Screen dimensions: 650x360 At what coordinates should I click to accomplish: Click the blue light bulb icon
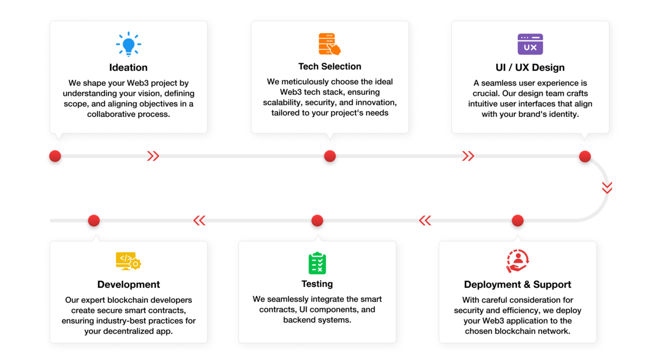tap(128, 44)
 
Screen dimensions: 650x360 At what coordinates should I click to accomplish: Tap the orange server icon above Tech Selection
tap(330, 44)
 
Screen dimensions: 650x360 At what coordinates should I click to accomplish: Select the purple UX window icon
tap(530, 44)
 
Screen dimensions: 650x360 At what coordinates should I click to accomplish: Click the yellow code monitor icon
tap(128, 261)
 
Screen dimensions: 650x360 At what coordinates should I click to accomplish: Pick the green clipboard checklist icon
tap(317, 263)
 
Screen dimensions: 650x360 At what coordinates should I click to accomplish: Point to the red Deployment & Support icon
tap(517, 261)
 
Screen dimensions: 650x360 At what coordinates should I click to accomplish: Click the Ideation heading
tap(128, 68)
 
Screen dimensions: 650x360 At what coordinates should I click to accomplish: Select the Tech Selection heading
tap(330, 67)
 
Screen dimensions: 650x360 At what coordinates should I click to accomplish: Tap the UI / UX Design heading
tap(530, 68)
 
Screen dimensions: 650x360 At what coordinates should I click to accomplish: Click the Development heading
tap(128, 285)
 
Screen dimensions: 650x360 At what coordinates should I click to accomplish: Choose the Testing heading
tap(317, 284)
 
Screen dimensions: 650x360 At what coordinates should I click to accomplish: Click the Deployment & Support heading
tap(517, 285)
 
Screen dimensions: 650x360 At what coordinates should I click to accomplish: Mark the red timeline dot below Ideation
tap(55, 156)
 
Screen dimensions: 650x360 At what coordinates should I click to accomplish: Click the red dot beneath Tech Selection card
tap(330, 156)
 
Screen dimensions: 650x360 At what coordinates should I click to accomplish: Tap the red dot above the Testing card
tap(317, 220)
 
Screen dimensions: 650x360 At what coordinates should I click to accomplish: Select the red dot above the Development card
tap(94, 220)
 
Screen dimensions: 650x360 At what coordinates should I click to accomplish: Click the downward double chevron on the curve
tap(607, 188)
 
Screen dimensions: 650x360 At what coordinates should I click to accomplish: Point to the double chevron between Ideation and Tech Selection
tap(153, 156)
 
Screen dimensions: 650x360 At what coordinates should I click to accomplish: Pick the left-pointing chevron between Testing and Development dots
tap(199, 220)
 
